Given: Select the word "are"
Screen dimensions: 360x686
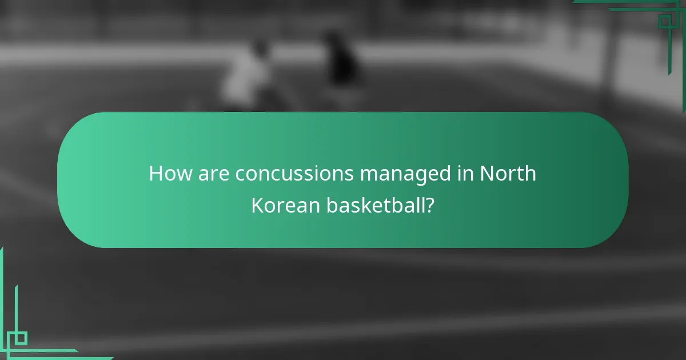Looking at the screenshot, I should tap(214, 174).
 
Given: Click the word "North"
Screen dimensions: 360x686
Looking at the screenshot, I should tap(508, 174).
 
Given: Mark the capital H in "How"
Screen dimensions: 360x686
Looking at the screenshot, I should tap(156, 174).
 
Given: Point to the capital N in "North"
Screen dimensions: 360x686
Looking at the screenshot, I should tap(487, 174).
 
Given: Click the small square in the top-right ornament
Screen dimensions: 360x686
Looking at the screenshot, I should tap(664, 22).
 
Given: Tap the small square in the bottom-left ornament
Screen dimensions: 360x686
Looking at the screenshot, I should tap(21, 338).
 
